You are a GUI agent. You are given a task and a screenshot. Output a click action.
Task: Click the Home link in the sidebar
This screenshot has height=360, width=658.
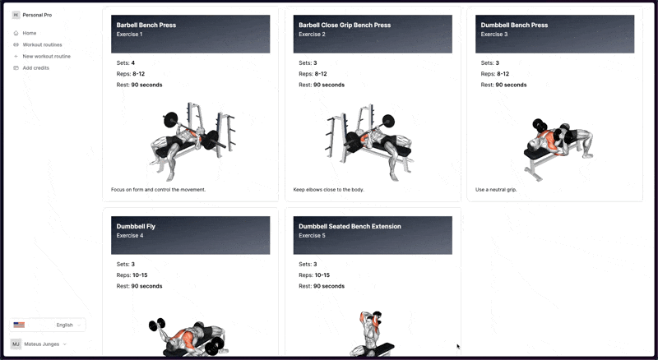(30, 33)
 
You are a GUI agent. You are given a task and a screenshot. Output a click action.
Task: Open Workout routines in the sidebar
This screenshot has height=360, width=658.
(42, 44)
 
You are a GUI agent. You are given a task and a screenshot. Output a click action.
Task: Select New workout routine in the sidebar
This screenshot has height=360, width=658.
(47, 56)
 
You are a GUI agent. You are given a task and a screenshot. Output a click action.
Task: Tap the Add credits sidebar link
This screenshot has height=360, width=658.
(35, 68)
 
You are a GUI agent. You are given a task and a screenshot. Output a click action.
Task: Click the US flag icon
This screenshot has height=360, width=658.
(19, 325)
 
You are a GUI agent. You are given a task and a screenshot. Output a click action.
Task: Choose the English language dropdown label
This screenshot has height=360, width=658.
(65, 325)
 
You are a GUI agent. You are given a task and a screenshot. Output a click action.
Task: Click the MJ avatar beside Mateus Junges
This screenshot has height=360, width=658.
(16, 344)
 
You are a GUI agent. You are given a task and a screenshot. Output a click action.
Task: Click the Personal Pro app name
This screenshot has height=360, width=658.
(37, 15)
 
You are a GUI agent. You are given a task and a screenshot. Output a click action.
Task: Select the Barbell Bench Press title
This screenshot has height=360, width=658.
(146, 25)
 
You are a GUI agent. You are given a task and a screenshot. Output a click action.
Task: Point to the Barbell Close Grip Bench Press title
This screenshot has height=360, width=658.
(345, 25)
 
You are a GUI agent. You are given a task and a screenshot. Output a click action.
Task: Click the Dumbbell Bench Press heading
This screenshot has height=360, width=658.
(514, 25)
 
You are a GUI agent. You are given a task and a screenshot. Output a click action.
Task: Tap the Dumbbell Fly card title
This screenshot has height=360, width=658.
(136, 226)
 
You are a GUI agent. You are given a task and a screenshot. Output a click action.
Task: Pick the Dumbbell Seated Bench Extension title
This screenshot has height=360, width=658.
(350, 226)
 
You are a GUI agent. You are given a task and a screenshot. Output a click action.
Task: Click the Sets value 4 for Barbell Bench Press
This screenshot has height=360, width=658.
(133, 63)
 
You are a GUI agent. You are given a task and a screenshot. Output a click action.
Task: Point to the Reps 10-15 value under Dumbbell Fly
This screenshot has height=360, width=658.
(140, 275)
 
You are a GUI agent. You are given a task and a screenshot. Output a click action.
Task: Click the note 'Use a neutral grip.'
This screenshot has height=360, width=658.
(496, 190)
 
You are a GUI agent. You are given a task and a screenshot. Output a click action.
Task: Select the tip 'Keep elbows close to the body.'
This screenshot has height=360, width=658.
(328, 190)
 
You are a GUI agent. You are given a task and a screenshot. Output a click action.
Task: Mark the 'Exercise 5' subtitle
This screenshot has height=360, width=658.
(312, 235)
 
